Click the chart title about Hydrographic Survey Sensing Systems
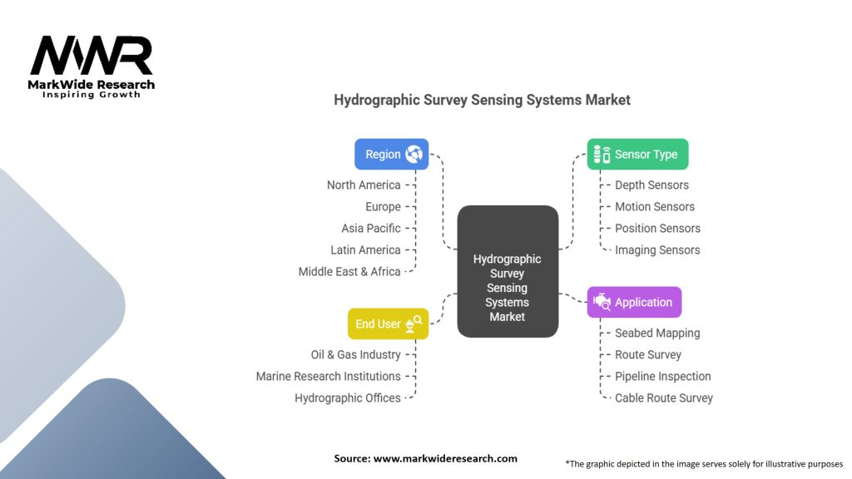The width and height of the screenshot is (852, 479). click(x=482, y=100)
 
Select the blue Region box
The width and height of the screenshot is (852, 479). click(x=391, y=154)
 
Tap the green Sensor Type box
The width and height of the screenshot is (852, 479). click(x=637, y=154)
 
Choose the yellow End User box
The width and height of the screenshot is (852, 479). click(x=388, y=323)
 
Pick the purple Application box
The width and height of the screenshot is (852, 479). click(x=634, y=302)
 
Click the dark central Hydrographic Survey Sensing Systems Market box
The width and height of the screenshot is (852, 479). click(x=508, y=270)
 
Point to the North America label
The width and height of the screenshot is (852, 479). click(x=364, y=185)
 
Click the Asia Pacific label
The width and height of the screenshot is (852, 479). click(x=370, y=228)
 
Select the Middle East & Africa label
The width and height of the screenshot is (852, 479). click(x=349, y=271)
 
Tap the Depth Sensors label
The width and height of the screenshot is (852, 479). click(x=651, y=185)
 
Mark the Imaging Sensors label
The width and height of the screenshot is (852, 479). click(x=657, y=249)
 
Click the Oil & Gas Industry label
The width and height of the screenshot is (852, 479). click(x=355, y=354)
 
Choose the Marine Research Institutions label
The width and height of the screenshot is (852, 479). click(x=328, y=376)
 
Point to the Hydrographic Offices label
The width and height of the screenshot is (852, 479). click(x=347, y=398)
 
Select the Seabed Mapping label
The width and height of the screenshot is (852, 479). click(x=657, y=333)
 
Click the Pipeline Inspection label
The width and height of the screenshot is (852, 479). click(x=662, y=376)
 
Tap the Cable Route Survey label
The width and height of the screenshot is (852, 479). click(x=663, y=398)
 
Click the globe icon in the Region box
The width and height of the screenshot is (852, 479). click(x=414, y=154)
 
